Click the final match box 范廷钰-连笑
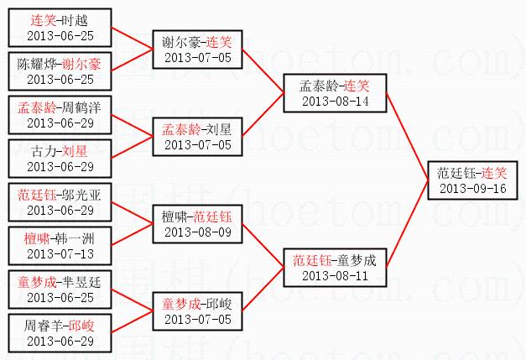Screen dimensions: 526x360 (472, 180)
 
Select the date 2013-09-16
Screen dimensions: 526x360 (472, 188)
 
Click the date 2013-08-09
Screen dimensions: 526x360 (197, 232)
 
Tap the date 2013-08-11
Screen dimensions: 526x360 (335, 275)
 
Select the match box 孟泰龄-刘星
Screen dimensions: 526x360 (197, 136)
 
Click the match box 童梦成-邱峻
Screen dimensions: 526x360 (197, 310)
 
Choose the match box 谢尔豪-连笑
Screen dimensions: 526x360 (197, 49)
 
